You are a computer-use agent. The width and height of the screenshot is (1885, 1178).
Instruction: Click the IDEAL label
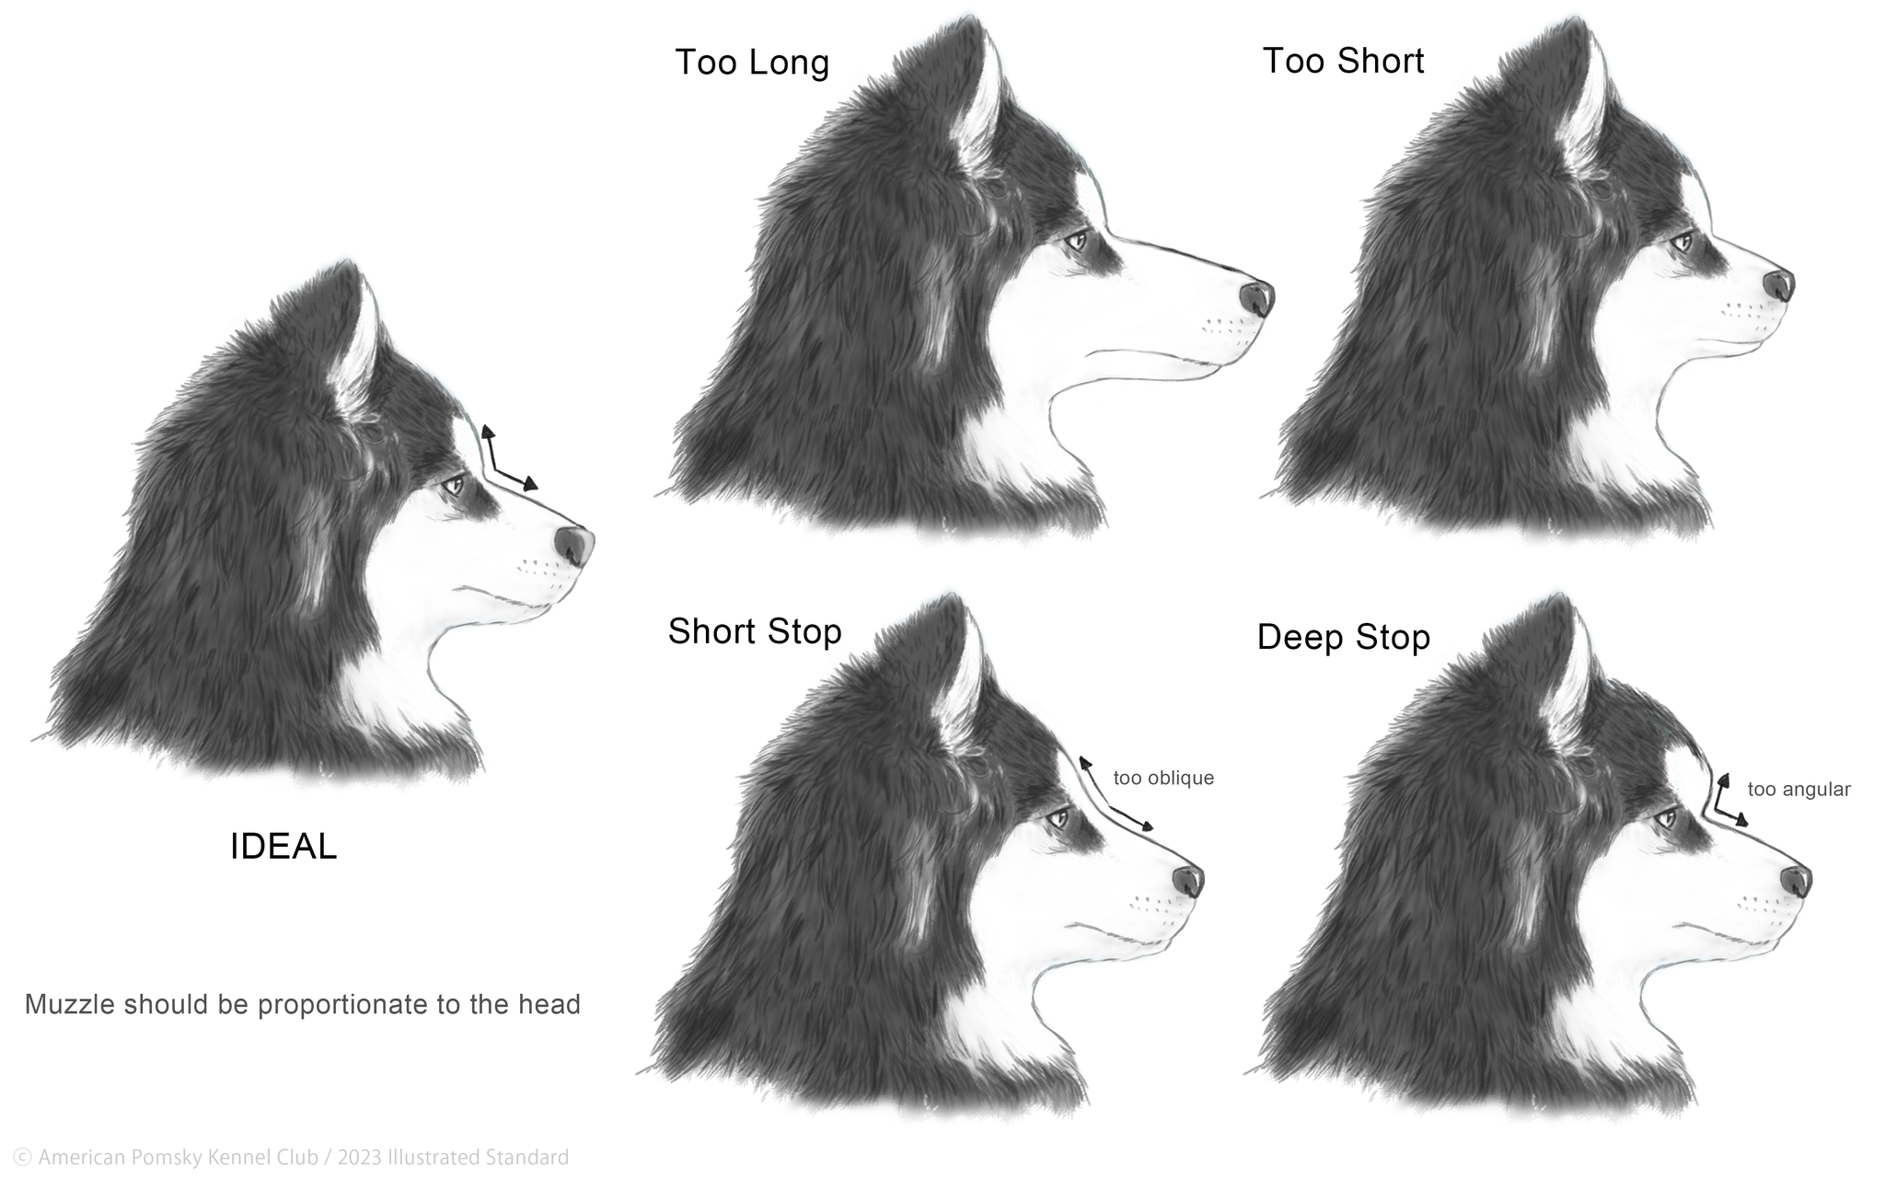pyautogui.click(x=283, y=847)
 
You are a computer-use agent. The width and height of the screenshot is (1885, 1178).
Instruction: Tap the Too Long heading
pyautogui.click(x=752, y=63)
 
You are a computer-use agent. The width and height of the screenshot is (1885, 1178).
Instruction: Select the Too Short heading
pyautogui.click(x=1343, y=61)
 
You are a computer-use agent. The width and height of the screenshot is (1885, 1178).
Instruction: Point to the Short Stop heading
pyautogui.click(x=755, y=631)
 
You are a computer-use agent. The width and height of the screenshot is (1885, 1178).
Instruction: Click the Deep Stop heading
pyautogui.click(x=1343, y=637)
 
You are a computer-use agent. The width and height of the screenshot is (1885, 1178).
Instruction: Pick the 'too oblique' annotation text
pyautogui.click(x=1163, y=779)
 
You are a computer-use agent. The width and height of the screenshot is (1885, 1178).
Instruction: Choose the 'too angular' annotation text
pyautogui.click(x=1798, y=790)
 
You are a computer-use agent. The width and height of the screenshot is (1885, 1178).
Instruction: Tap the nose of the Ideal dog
pyautogui.click(x=574, y=545)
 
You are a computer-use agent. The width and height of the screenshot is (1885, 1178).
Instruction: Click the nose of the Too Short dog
pyautogui.click(x=1778, y=285)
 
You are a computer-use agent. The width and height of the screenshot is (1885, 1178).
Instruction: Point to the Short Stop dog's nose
pyautogui.click(x=1187, y=880)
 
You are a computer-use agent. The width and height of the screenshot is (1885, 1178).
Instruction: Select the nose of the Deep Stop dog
pyautogui.click(x=1796, y=881)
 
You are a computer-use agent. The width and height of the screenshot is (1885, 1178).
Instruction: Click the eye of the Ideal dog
pyautogui.click(x=453, y=485)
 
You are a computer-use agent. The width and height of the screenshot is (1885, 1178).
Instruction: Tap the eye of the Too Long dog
pyautogui.click(x=1075, y=242)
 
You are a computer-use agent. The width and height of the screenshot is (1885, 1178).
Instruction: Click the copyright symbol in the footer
pyautogui.click(x=25, y=1157)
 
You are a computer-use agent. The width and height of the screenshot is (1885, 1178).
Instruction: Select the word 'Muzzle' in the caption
pyautogui.click(x=69, y=1004)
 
